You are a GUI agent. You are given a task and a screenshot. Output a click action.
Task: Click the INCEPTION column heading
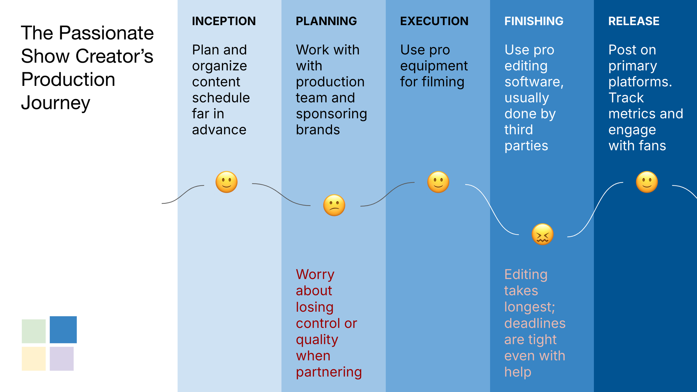(224, 21)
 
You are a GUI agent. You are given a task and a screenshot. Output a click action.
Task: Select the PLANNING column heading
(326, 21)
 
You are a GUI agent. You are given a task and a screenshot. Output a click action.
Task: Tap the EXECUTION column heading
(434, 21)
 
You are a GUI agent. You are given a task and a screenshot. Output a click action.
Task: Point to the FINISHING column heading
(534, 21)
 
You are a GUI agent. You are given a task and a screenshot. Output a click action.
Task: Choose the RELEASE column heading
(634, 21)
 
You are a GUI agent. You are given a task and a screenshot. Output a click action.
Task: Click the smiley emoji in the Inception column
(226, 182)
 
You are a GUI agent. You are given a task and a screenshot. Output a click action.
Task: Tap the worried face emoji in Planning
(334, 205)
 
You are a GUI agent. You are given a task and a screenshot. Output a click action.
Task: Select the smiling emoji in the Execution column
(438, 182)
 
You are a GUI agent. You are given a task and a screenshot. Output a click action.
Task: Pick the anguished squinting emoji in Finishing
(542, 234)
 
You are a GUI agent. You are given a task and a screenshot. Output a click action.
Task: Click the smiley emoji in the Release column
(647, 182)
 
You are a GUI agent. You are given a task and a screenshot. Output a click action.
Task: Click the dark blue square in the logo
(63, 330)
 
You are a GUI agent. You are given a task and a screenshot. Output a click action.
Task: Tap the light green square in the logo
(34, 331)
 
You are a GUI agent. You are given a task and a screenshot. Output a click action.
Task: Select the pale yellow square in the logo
(34, 359)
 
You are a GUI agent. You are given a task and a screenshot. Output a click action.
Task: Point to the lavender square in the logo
(62, 359)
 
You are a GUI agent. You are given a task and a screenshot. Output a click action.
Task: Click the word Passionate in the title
(106, 33)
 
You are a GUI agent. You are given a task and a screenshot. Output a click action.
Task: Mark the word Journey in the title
(55, 103)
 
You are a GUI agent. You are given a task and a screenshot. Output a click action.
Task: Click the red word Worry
(315, 275)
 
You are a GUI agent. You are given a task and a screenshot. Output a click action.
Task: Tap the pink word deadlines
(535, 323)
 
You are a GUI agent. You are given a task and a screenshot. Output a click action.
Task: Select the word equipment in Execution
(434, 66)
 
